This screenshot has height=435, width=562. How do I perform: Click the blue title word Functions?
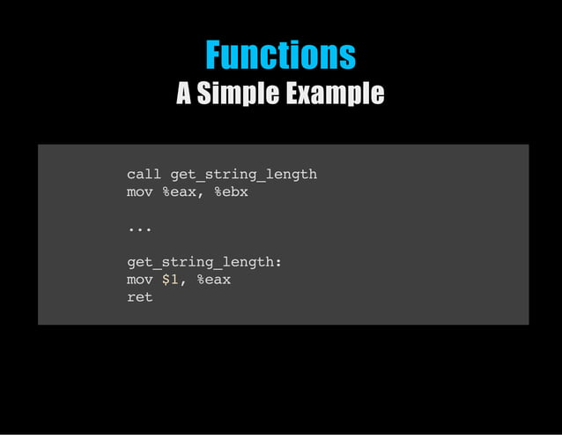tap(280, 55)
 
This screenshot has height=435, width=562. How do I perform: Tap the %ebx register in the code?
tap(231, 191)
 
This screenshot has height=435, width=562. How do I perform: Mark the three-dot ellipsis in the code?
tap(139, 229)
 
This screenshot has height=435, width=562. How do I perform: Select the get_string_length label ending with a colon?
tap(204, 262)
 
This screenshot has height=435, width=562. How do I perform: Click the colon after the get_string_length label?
tap(278, 263)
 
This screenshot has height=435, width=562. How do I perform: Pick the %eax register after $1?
tap(213, 280)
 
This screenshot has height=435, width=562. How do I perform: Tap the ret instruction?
tap(139, 297)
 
